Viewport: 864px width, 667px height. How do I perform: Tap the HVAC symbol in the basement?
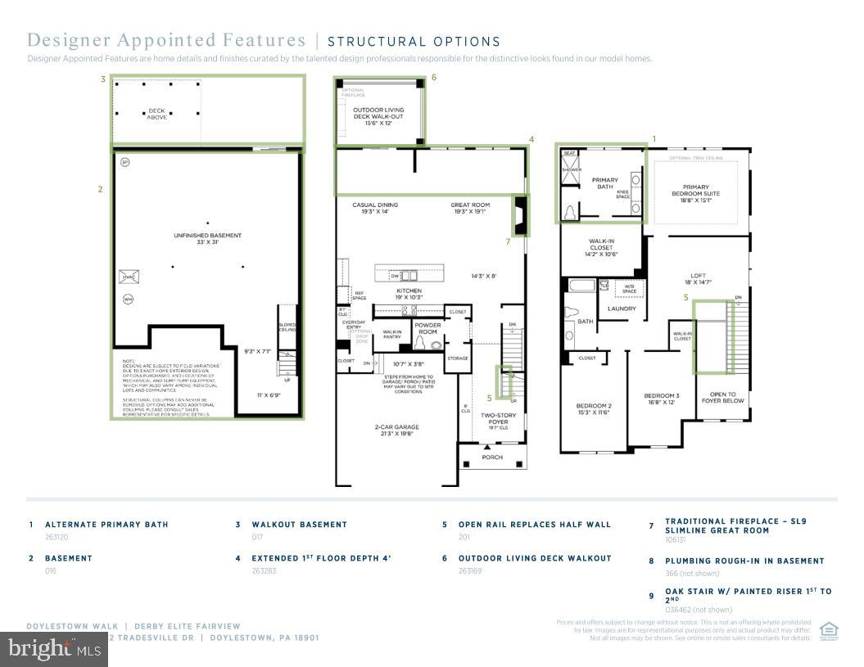pos(129,277)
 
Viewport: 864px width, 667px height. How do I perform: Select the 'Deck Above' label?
pos(156,114)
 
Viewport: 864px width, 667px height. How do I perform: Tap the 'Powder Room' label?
pos(427,327)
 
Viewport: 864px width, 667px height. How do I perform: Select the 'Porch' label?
pos(492,457)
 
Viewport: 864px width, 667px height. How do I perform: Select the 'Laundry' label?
pos(622,309)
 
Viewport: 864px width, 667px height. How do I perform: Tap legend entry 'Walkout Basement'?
pos(299,525)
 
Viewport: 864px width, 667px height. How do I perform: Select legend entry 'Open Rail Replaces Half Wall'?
pos(534,525)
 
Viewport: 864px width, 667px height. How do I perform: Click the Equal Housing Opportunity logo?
pos(829,629)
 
